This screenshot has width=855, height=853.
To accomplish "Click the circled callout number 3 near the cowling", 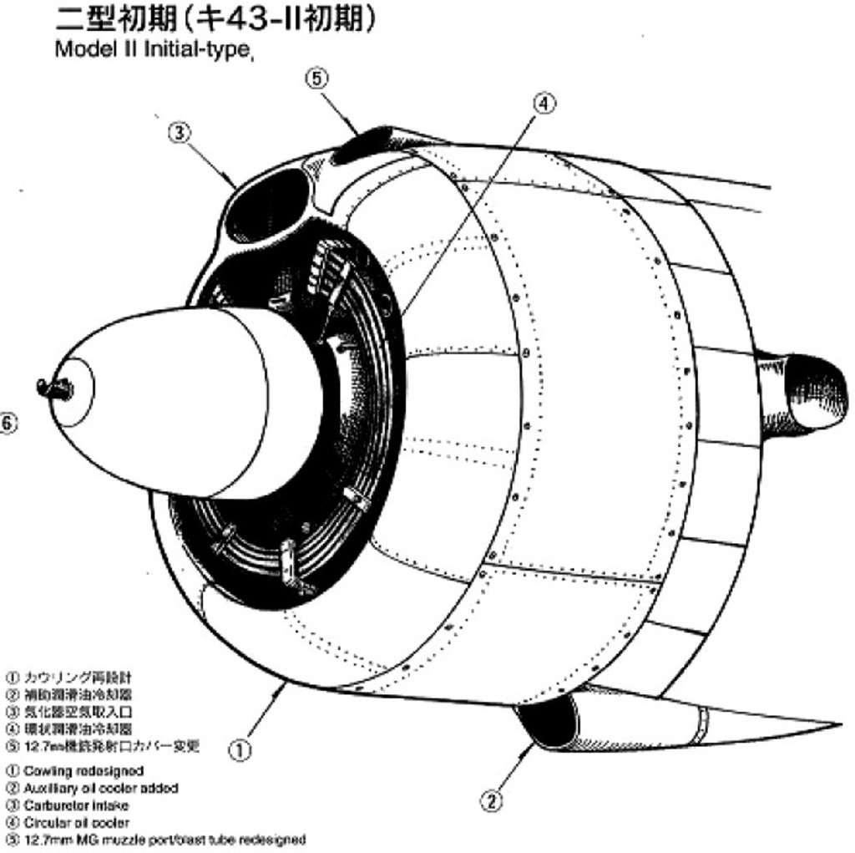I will pos(180,132).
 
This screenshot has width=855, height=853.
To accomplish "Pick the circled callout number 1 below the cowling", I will pos(240,750).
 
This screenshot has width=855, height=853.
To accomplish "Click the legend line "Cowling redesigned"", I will pos(83,771).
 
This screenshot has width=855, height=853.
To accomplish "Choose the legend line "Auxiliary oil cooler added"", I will pos(100,788).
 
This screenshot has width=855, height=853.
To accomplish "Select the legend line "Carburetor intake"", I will pos(75,805).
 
